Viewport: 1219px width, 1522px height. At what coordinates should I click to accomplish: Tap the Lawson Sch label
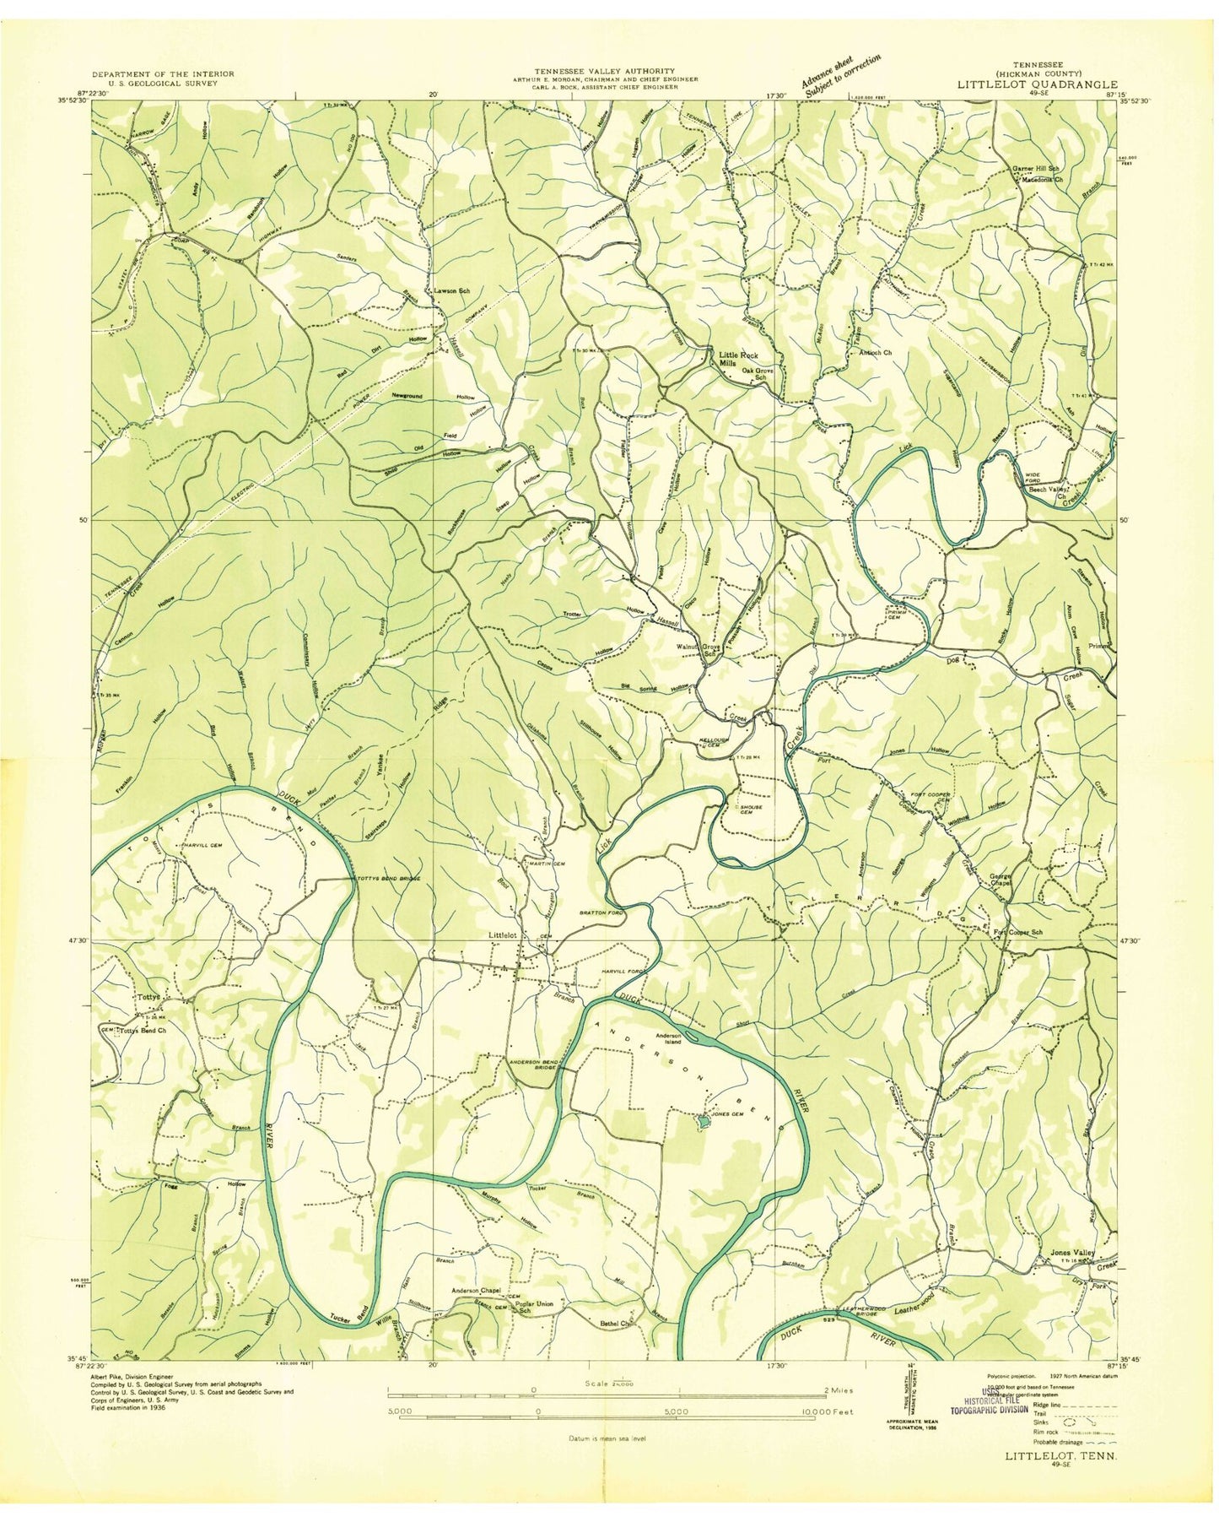450,291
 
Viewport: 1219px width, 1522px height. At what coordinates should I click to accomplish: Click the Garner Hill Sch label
1036,169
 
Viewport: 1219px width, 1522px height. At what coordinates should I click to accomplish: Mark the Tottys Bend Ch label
142,1031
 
